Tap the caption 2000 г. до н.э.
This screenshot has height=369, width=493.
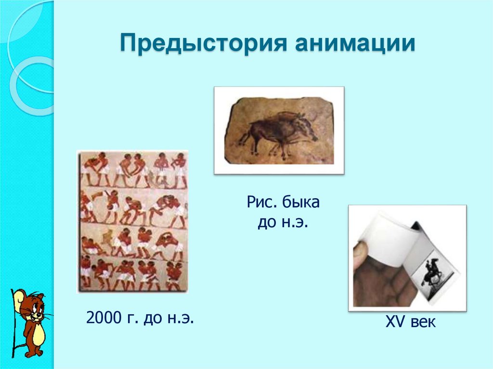(x=140, y=318)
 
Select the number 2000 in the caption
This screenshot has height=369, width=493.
(x=103, y=318)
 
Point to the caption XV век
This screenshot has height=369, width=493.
(x=410, y=322)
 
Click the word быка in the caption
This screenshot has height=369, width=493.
(x=300, y=203)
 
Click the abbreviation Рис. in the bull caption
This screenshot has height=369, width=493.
(x=263, y=203)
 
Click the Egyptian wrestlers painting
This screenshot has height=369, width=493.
(x=133, y=221)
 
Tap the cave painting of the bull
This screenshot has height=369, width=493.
(x=279, y=130)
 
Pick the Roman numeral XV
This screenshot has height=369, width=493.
(x=393, y=322)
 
